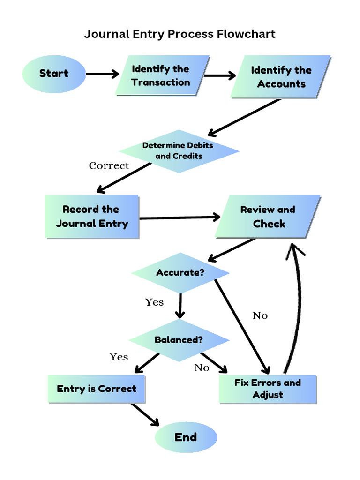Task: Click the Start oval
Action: click(x=53, y=74)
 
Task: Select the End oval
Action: click(x=186, y=437)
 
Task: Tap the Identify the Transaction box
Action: click(x=161, y=76)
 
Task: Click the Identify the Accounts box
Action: click(x=281, y=77)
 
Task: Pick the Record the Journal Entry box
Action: click(x=92, y=217)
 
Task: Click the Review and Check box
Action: click(x=268, y=217)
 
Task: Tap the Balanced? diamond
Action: click(x=179, y=340)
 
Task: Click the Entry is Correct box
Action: click(x=97, y=389)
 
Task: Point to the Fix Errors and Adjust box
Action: click(x=268, y=389)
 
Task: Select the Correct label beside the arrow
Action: click(x=109, y=165)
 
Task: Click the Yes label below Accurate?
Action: click(x=154, y=302)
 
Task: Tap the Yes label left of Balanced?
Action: click(x=119, y=357)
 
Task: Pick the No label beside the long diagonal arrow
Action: click(x=260, y=315)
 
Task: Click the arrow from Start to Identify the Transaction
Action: click(x=103, y=74)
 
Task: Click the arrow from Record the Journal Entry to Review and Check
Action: click(x=180, y=217)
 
